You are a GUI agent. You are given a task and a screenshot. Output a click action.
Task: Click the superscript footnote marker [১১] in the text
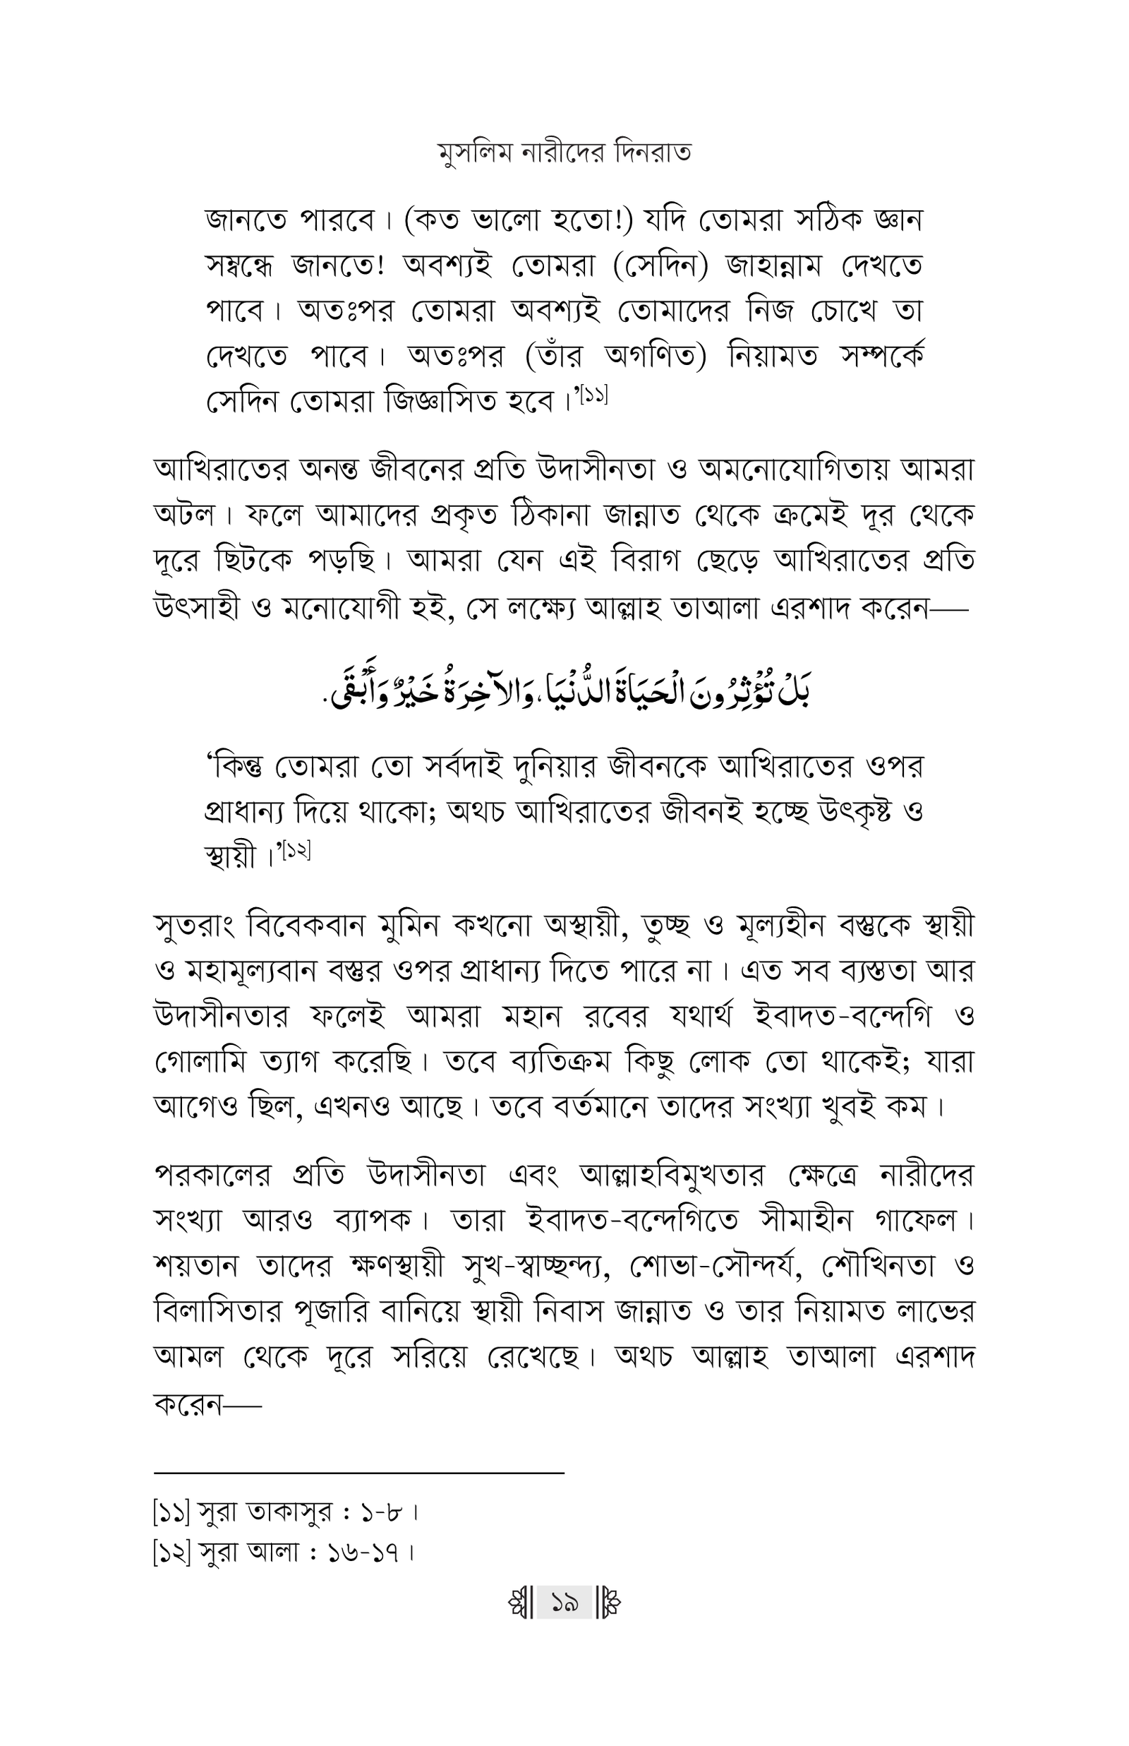596,396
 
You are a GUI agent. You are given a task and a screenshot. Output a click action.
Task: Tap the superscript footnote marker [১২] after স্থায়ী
296,851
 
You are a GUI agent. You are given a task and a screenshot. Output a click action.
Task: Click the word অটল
184,515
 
